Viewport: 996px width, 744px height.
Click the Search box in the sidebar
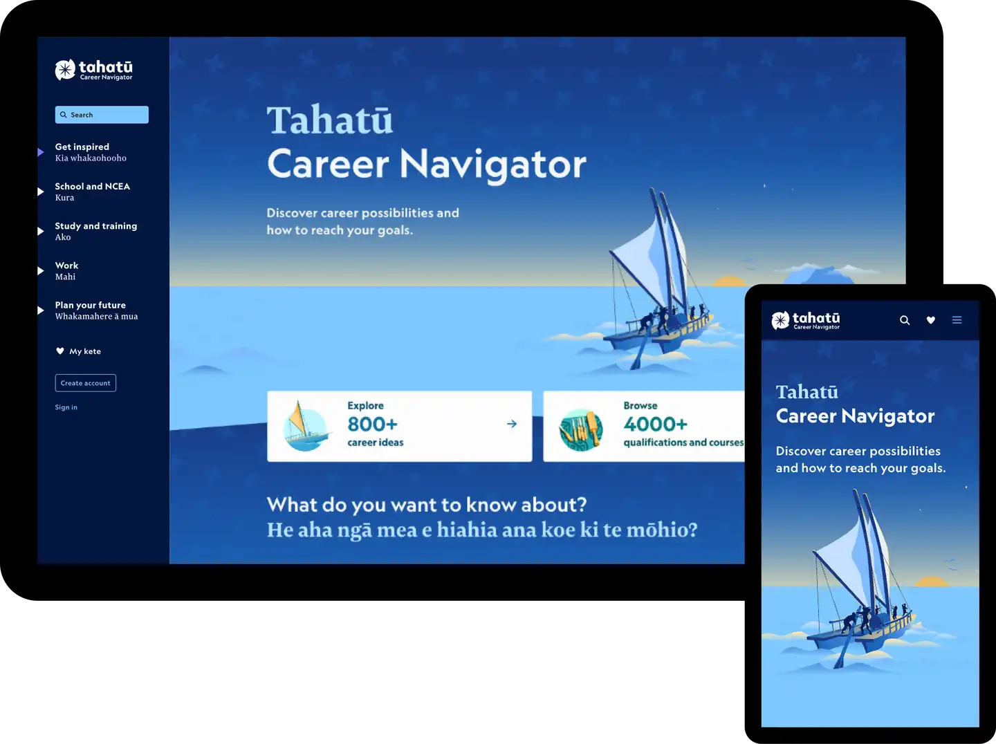pyautogui.click(x=102, y=115)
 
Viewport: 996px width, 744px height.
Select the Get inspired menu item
pyautogui.click(x=91, y=152)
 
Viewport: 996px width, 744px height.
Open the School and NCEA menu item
pyautogui.click(x=93, y=192)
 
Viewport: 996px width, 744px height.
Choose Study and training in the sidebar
pyautogui.click(x=95, y=232)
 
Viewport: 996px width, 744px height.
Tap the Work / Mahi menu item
pyautogui.click(x=66, y=271)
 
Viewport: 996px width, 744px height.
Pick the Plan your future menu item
pyautogui.click(x=96, y=310)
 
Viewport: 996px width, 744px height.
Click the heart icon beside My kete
pyautogui.click(x=60, y=351)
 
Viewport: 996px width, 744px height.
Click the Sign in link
pyautogui.click(x=66, y=407)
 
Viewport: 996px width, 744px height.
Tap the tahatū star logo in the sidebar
pyautogui.click(x=65, y=70)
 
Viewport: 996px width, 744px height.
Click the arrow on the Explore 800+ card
pyautogui.click(x=512, y=424)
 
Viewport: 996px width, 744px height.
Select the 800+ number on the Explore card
pyautogui.click(x=373, y=424)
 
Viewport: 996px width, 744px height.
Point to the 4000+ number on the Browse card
pyautogui.click(x=655, y=424)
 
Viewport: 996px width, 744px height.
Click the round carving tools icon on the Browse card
pyautogui.click(x=581, y=430)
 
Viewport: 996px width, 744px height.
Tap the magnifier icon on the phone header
pyautogui.click(x=905, y=320)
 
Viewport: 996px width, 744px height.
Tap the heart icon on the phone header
pyautogui.click(x=931, y=320)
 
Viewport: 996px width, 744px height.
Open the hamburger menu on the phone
pyautogui.click(x=957, y=320)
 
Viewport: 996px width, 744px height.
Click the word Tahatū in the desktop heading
pyautogui.click(x=330, y=120)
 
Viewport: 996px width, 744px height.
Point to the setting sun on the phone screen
pyautogui.click(x=931, y=582)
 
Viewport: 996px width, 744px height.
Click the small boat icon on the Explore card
pyautogui.click(x=306, y=427)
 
